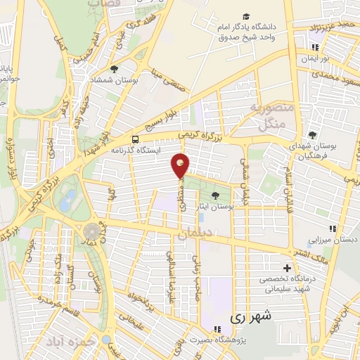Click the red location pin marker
coord(181,166)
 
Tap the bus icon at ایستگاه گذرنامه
coord(135,139)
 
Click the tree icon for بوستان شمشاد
coord(114,69)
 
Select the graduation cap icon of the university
coord(246,17)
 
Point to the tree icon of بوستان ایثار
coord(214,195)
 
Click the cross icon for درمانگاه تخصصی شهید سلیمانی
coord(287,268)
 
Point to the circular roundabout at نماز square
coord(91,231)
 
